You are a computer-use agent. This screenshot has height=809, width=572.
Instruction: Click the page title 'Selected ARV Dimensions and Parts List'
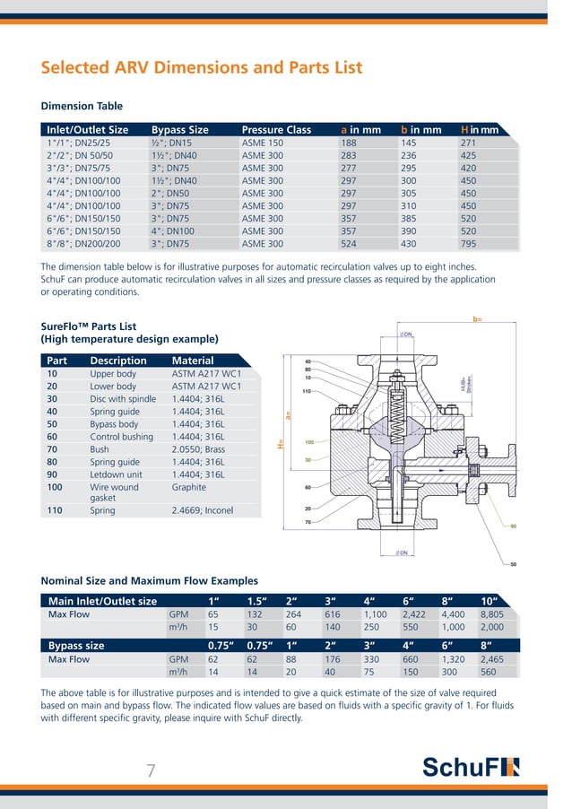click(x=202, y=68)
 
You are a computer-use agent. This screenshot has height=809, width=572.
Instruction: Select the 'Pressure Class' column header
click(x=276, y=130)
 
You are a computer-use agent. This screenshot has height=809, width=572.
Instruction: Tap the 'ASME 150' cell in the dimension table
click(x=262, y=143)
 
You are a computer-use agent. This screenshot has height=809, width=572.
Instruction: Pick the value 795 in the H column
click(x=469, y=243)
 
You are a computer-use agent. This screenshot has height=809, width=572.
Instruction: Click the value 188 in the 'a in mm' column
click(x=349, y=143)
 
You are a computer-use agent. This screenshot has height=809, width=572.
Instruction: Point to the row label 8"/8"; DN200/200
click(x=83, y=243)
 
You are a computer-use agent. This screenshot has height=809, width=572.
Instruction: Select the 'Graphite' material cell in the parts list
click(x=188, y=488)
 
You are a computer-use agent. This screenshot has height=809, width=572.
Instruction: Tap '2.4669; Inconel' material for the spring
click(x=204, y=510)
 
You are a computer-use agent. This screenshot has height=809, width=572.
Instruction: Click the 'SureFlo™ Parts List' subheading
click(x=89, y=326)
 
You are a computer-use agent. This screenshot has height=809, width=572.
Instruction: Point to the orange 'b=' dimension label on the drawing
click(x=478, y=318)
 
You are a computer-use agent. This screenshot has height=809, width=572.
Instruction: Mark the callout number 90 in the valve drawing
click(x=514, y=526)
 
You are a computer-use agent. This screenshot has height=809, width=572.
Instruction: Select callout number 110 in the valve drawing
click(x=307, y=391)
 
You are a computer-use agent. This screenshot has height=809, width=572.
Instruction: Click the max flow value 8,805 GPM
click(x=494, y=615)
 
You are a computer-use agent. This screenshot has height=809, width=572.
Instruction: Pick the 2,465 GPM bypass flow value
click(x=494, y=659)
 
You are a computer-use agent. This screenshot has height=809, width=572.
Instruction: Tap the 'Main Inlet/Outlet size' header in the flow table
click(x=102, y=601)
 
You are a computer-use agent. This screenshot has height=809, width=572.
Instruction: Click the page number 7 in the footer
click(x=152, y=770)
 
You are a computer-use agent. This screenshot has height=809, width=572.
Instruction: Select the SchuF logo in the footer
click(x=470, y=769)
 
